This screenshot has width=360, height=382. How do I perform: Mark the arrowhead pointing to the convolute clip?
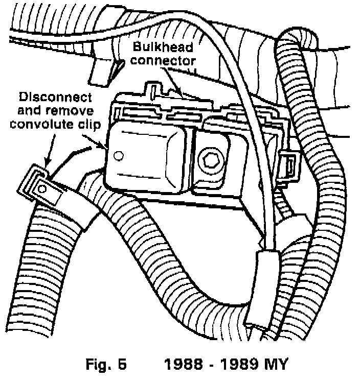[47, 162]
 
